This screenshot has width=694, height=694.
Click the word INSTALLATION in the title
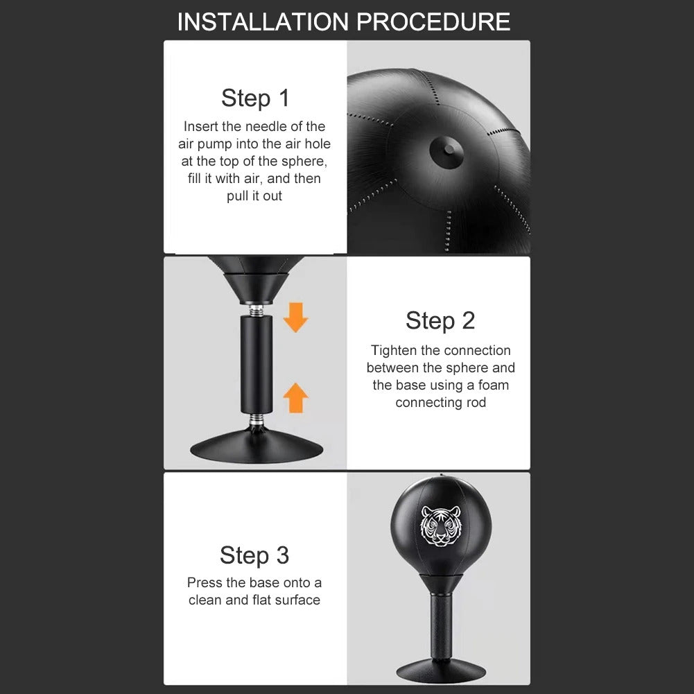[x=263, y=21]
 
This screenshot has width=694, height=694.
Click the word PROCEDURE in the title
[x=434, y=21]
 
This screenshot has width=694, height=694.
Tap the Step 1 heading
[x=255, y=98]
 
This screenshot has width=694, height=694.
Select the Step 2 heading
[x=440, y=320]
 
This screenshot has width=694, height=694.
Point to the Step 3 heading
[x=254, y=555]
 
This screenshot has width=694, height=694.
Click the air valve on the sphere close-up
[x=446, y=152]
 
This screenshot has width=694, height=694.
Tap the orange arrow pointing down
[x=295, y=317]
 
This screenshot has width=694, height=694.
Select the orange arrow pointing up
[x=295, y=397]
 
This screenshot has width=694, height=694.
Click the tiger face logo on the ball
[x=441, y=526]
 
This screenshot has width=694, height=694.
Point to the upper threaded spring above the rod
[x=257, y=310]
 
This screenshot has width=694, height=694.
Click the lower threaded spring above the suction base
[x=257, y=419]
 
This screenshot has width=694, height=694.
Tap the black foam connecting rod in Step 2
[x=257, y=364]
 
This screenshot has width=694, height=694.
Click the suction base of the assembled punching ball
[x=441, y=671]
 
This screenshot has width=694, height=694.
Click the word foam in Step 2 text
[x=494, y=385]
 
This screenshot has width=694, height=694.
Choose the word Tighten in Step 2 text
[x=394, y=351]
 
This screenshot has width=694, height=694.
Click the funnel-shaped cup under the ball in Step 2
[x=257, y=288]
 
